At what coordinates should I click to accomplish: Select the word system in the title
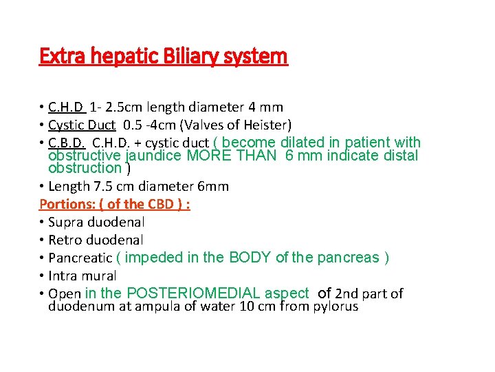(261, 56)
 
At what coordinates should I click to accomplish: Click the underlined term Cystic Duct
(82, 125)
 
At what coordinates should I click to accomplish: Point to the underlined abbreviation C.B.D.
(67, 143)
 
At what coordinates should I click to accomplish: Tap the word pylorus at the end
(335, 306)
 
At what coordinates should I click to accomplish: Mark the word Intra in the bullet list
(64, 276)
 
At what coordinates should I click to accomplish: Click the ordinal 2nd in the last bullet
(348, 293)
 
